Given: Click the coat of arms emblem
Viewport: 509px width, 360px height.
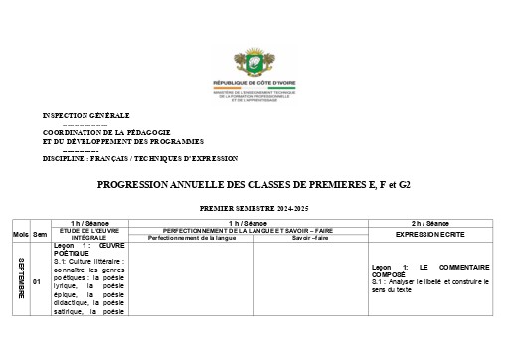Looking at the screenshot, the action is (254, 57).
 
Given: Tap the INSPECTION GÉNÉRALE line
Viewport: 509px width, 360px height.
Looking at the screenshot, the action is (86, 116).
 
